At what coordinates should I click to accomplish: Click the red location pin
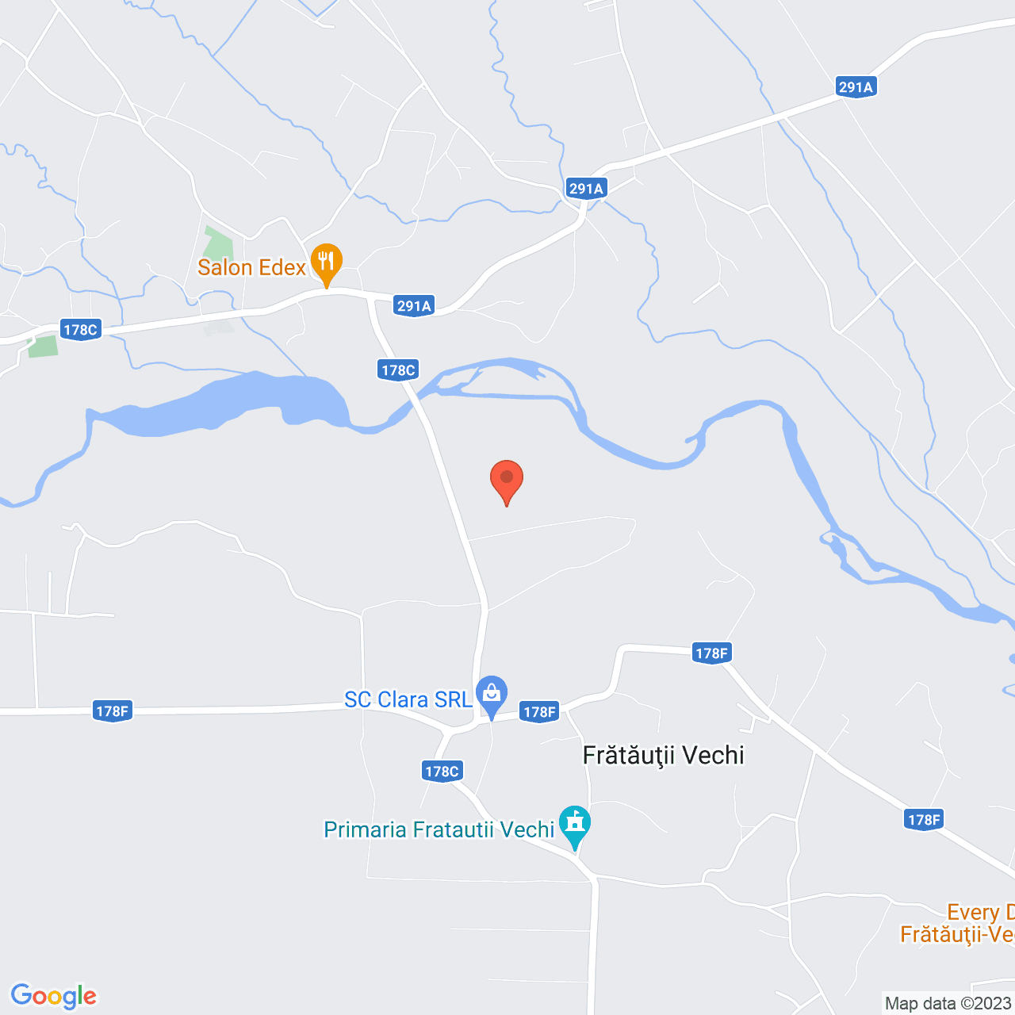pyautogui.click(x=507, y=481)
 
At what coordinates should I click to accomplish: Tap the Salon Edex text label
pyautogui.click(x=251, y=268)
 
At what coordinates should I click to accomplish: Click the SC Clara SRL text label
pyautogui.click(x=408, y=699)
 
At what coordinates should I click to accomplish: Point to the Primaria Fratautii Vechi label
pyautogui.click(x=439, y=829)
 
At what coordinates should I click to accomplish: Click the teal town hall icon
pyautogui.click(x=575, y=825)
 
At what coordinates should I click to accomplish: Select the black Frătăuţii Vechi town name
pyautogui.click(x=663, y=755)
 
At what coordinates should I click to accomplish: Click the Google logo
pyautogui.click(x=53, y=996)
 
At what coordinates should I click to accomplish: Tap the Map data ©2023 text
pyautogui.click(x=948, y=1003)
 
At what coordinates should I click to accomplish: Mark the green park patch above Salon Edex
pyautogui.click(x=218, y=243)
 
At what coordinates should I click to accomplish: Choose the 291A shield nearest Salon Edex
pyautogui.click(x=414, y=306)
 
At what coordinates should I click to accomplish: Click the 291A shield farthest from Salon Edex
pyautogui.click(x=856, y=87)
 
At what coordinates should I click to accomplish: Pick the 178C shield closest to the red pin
pyautogui.click(x=398, y=370)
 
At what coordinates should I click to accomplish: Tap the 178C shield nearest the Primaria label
pyautogui.click(x=442, y=771)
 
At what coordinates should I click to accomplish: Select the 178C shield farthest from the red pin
pyautogui.click(x=80, y=330)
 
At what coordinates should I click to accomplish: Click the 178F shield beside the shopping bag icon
pyautogui.click(x=539, y=711)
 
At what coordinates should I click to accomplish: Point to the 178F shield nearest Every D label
pyautogui.click(x=924, y=819)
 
